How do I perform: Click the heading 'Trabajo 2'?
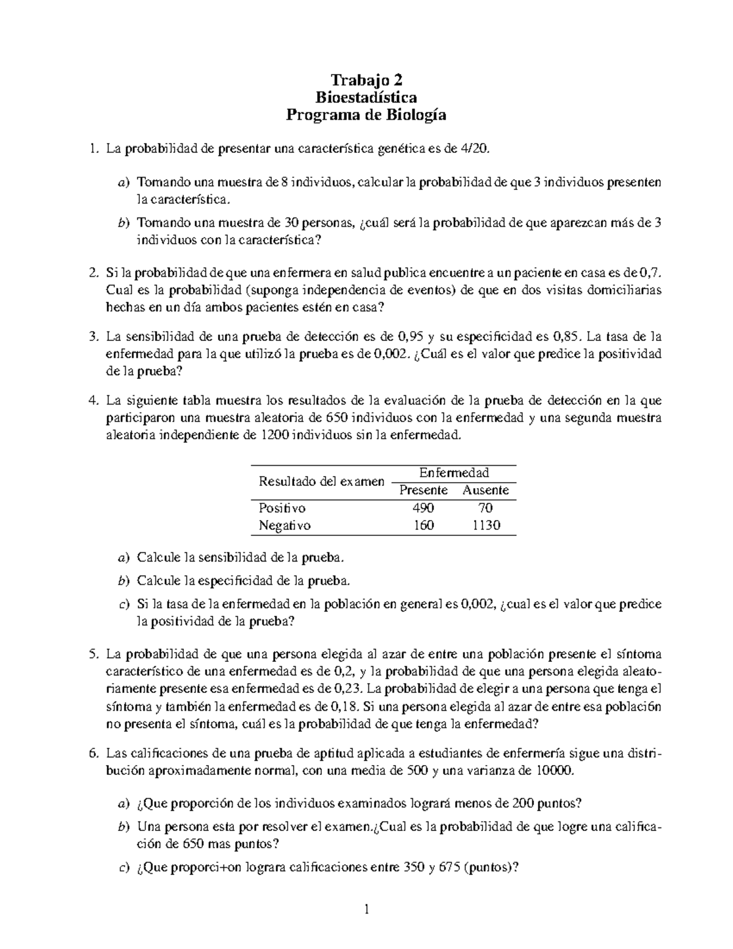(x=366, y=80)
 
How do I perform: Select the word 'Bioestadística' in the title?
(x=366, y=97)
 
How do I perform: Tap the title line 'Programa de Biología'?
(x=366, y=115)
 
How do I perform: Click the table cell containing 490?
(x=423, y=508)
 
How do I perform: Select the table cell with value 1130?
(x=486, y=526)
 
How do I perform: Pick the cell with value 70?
(x=486, y=508)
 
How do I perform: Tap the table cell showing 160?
(x=423, y=526)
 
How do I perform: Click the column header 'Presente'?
(x=423, y=490)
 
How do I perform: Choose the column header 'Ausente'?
(x=486, y=490)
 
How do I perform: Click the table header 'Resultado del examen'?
(x=321, y=482)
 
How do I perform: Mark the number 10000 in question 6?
(x=554, y=771)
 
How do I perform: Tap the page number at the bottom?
(x=366, y=910)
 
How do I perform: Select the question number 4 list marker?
(x=93, y=401)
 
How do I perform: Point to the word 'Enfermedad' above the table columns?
(x=454, y=472)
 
